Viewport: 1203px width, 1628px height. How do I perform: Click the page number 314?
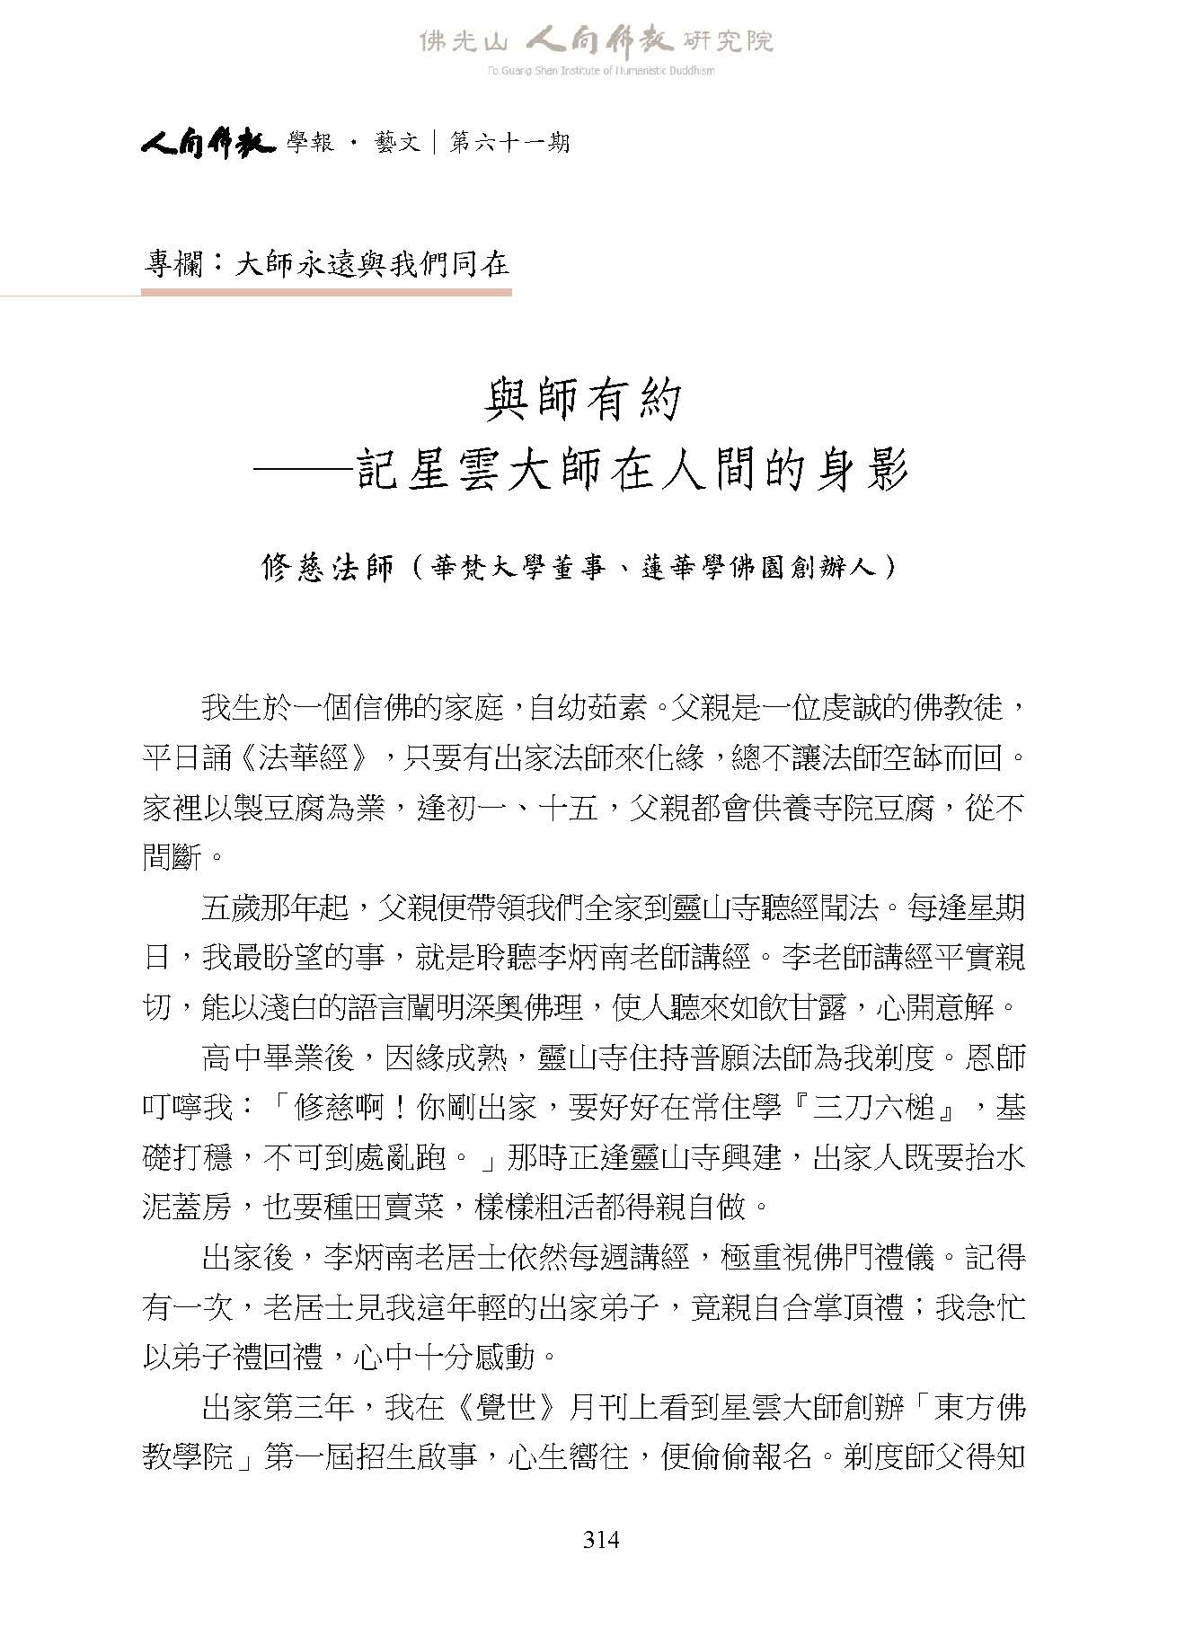[601, 1540]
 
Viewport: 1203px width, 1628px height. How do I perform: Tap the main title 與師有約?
[583, 400]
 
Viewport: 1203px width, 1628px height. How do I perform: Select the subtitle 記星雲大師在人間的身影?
[632, 470]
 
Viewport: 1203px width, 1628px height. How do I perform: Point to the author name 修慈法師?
[328, 568]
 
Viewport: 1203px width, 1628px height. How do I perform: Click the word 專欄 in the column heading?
[173, 263]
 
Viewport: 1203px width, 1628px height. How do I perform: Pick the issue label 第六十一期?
[509, 143]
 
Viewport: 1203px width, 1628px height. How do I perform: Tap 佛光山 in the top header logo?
[464, 41]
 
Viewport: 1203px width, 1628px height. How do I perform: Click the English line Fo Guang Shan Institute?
[600, 71]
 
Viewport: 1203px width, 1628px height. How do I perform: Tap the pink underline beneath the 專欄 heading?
[326, 292]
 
